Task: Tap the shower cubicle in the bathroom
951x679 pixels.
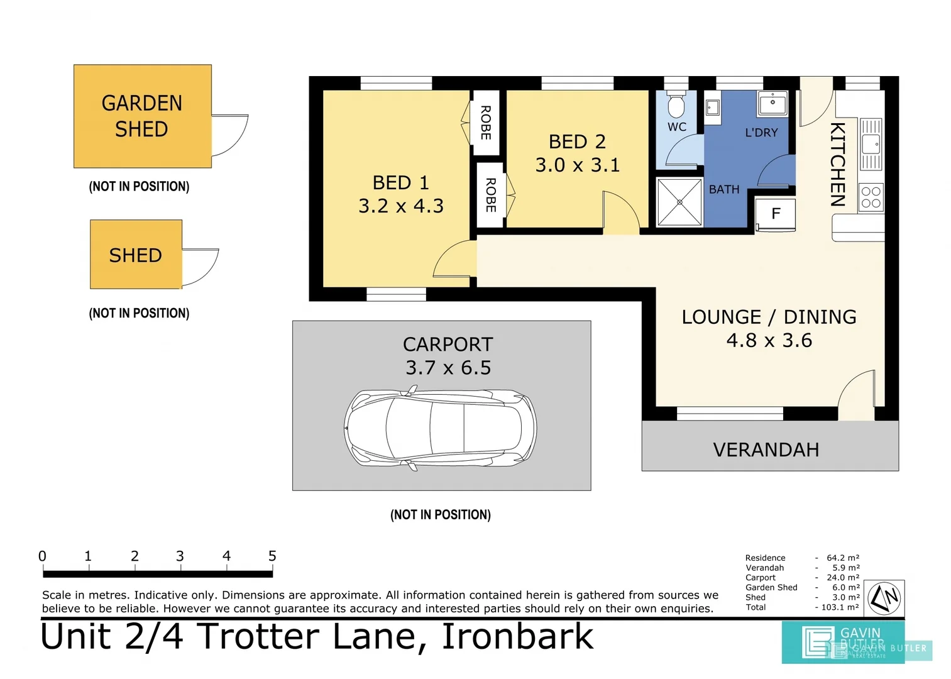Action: pos(679,202)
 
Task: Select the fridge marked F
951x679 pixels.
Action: pos(776,214)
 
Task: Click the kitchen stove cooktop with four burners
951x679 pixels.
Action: pos(871,197)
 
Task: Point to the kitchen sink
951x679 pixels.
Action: pos(871,145)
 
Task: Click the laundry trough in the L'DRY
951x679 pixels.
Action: pos(772,102)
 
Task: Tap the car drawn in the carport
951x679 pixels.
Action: pos(440,429)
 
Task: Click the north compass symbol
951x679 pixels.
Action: pos(884,599)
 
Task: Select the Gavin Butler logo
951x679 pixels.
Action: pos(842,642)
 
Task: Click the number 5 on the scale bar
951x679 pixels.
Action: pos(272,556)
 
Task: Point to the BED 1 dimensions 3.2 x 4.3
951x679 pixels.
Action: pos(401,206)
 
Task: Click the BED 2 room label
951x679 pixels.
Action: pos(577,141)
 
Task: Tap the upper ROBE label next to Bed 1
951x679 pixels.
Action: pos(485,123)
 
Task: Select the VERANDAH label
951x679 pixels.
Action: pos(766,450)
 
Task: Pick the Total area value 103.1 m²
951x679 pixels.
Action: pos(840,607)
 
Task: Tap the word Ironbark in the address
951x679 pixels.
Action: pos(517,637)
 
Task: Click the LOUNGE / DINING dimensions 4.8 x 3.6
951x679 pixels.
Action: pos(769,340)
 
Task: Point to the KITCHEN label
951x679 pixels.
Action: pos(837,164)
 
